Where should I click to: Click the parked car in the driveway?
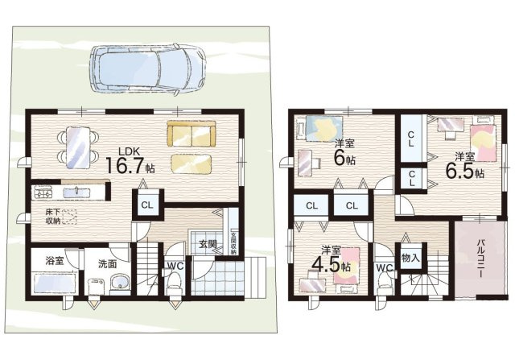pyautogui.click(x=149, y=70)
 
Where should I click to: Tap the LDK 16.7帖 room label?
pyautogui.click(x=130, y=161)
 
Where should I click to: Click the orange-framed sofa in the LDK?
pyautogui.click(x=192, y=134)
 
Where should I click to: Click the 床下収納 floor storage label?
pyautogui.click(x=53, y=217)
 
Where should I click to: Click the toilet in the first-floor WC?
pyautogui.click(x=174, y=283)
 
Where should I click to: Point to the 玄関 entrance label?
pyautogui.click(x=208, y=244)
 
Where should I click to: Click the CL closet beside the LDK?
pyautogui.click(x=147, y=205)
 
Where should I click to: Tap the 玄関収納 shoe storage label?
pyautogui.click(x=233, y=243)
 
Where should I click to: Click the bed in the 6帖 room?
pyautogui.click(x=324, y=128)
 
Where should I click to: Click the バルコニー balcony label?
pyautogui.click(x=480, y=258)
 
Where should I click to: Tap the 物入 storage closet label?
pyautogui.click(x=410, y=258)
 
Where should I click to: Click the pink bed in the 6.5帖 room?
pyautogui.click(x=483, y=142)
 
